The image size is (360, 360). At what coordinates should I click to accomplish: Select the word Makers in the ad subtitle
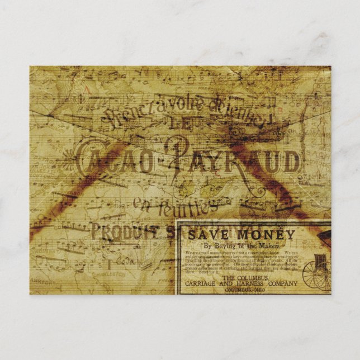coord(267,246)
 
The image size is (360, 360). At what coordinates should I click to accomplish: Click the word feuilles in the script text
coord(188,209)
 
